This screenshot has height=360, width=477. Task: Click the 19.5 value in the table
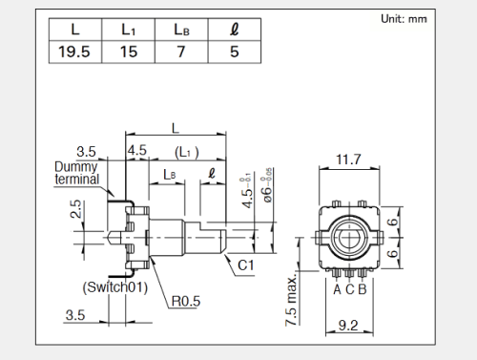point(74,52)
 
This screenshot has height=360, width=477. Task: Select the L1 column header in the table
point(129,30)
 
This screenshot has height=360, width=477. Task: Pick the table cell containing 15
point(129,52)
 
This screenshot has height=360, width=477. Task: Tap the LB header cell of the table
point(181,30)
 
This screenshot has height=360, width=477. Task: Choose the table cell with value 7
point(181,52)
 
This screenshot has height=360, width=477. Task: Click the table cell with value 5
point(235,52)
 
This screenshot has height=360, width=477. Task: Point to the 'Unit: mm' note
point(404,19)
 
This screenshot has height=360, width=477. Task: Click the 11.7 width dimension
point(348,159)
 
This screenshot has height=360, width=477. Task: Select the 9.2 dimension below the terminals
point(348,325)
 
